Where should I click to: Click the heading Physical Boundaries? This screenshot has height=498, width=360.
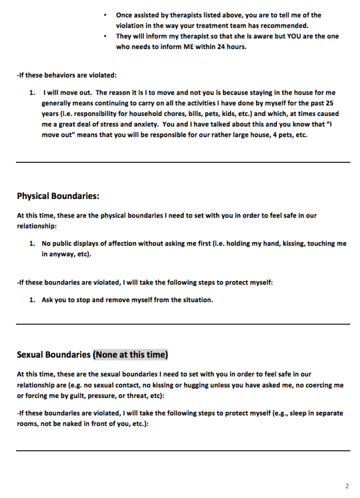point(58,196)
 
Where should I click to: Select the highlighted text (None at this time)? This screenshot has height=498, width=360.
point(130,354)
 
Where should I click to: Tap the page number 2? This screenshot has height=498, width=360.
point(347,486)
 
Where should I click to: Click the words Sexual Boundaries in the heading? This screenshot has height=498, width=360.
point(53,354)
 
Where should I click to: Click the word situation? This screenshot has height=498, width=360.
point(195,300)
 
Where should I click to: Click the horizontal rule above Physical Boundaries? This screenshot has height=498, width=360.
point(183,162)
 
